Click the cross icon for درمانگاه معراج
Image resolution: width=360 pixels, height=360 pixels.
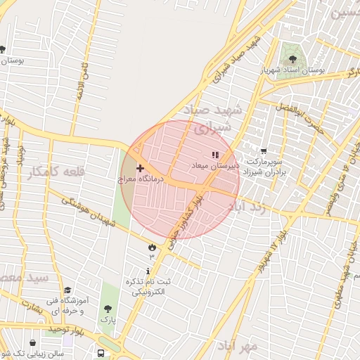coord(139,169)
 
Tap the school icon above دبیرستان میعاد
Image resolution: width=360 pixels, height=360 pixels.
coord(215,155)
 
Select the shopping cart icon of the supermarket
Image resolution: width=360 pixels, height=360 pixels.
coord(264,150)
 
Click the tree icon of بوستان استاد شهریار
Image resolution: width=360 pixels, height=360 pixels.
coord(292,59)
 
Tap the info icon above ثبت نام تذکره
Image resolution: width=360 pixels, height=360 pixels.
coord(148,271)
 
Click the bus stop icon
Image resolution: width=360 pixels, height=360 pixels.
coord(101,353)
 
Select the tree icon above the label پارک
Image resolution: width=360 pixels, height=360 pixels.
coord(108,309)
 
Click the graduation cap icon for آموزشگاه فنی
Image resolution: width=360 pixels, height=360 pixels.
coord(67,290)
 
